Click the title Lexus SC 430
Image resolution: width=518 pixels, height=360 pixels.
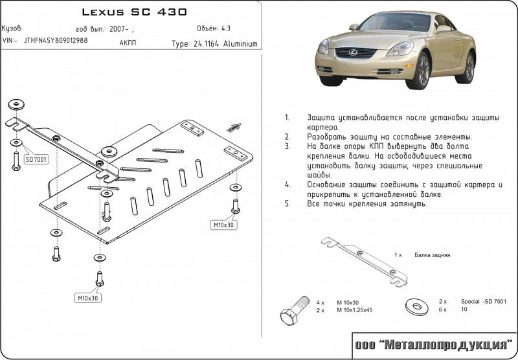click(134, 12)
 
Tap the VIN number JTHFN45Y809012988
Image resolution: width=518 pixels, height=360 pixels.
click(56, 40)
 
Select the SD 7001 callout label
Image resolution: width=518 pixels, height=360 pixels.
click(36, 160)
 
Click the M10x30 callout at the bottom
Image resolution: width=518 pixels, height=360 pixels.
click(88, 298)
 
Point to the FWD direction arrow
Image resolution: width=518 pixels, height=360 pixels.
click(234, 128)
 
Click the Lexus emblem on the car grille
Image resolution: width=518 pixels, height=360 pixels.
click(353, 52)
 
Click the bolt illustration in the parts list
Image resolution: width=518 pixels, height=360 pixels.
click(295, 310)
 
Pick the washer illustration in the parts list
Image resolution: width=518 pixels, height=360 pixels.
click(417, 306)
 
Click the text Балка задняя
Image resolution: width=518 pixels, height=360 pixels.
click(432, 255)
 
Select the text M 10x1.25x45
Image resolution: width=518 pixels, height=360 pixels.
click(354, 310)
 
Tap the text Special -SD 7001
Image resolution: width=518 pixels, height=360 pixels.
click(483, 301)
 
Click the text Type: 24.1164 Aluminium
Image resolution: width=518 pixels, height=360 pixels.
click(214, 44)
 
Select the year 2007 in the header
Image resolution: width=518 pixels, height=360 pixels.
click(117, 29)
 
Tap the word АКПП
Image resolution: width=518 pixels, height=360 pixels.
click(128, 43)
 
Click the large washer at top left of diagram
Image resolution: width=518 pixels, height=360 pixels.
click(16, 105)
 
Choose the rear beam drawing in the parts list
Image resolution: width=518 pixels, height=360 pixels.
click(365, 262)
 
